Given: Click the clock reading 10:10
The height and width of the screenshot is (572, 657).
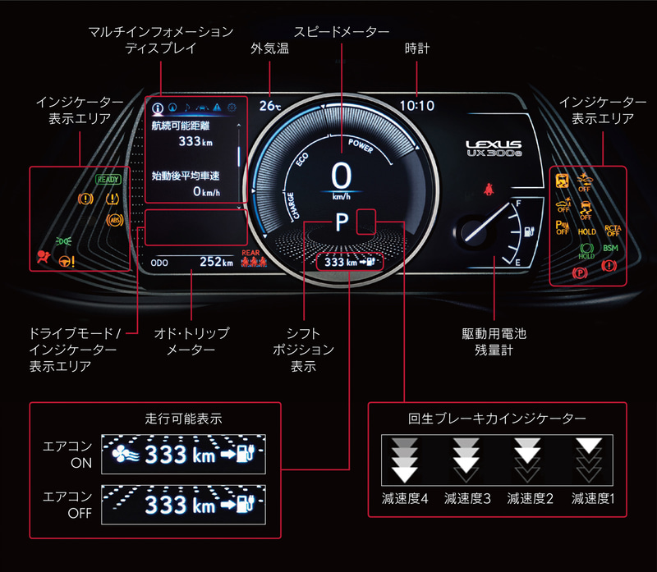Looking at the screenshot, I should (417, 106).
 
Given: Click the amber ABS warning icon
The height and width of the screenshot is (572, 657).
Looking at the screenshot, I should (115, 219).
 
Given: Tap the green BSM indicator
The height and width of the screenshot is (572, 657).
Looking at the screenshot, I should (611, 248).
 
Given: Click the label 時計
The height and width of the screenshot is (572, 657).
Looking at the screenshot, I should (417, 49).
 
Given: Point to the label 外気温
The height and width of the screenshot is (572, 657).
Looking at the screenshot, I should (269, 49).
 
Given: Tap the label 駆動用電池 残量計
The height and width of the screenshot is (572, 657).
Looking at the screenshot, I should (494, 342).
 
